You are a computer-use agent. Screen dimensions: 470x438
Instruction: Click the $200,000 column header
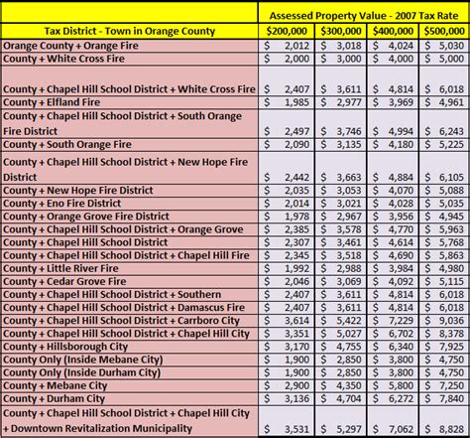click(287, 31)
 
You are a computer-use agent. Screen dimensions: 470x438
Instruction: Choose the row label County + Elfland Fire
click(59, 101)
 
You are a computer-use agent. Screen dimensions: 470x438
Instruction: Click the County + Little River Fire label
click(64, 267)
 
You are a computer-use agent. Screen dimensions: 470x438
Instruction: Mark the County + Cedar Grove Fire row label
click(67, 281)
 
